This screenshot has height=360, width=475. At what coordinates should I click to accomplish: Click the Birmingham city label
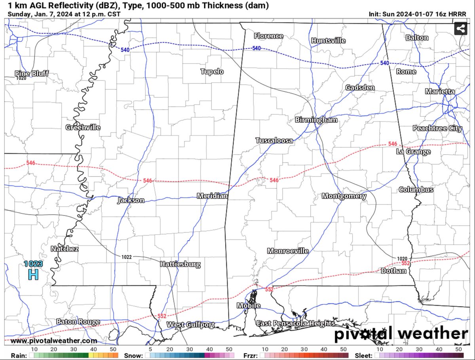[316, 120]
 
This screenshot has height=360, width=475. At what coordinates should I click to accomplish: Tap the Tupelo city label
[212, 72]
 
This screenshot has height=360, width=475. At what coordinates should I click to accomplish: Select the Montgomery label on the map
[344, 196]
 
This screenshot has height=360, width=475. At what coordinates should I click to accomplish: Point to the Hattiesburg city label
[180, 264]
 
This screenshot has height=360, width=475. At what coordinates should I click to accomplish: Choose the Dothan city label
[393, 271]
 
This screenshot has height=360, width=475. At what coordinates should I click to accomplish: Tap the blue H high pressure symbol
[33, 274]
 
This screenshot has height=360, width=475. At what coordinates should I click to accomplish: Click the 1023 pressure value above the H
[33, 263]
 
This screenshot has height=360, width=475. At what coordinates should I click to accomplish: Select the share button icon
[460, 28]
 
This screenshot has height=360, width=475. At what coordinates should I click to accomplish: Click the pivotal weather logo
[401, 334]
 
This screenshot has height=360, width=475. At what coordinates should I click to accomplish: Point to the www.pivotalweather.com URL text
[53, 341]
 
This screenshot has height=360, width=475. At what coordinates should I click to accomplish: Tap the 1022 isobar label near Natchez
[126, 257]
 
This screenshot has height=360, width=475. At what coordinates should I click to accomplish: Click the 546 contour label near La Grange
[393, 144]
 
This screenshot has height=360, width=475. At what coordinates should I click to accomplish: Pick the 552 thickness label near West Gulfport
[162, 316]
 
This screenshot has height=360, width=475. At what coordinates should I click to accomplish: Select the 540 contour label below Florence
[256, 48]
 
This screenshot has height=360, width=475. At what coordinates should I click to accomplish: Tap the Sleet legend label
[363, 355]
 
